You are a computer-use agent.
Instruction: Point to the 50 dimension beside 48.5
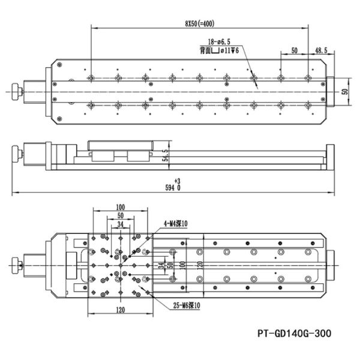point(294,52)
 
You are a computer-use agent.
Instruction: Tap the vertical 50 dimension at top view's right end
point(344,91)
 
